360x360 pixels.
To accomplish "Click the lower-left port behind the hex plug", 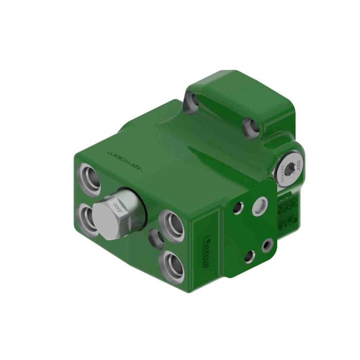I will (87, 218).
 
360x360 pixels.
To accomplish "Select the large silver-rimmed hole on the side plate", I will (259, 206).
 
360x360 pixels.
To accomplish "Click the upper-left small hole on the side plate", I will (238, 208).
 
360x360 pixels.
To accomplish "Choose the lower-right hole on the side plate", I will (266, 246).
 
